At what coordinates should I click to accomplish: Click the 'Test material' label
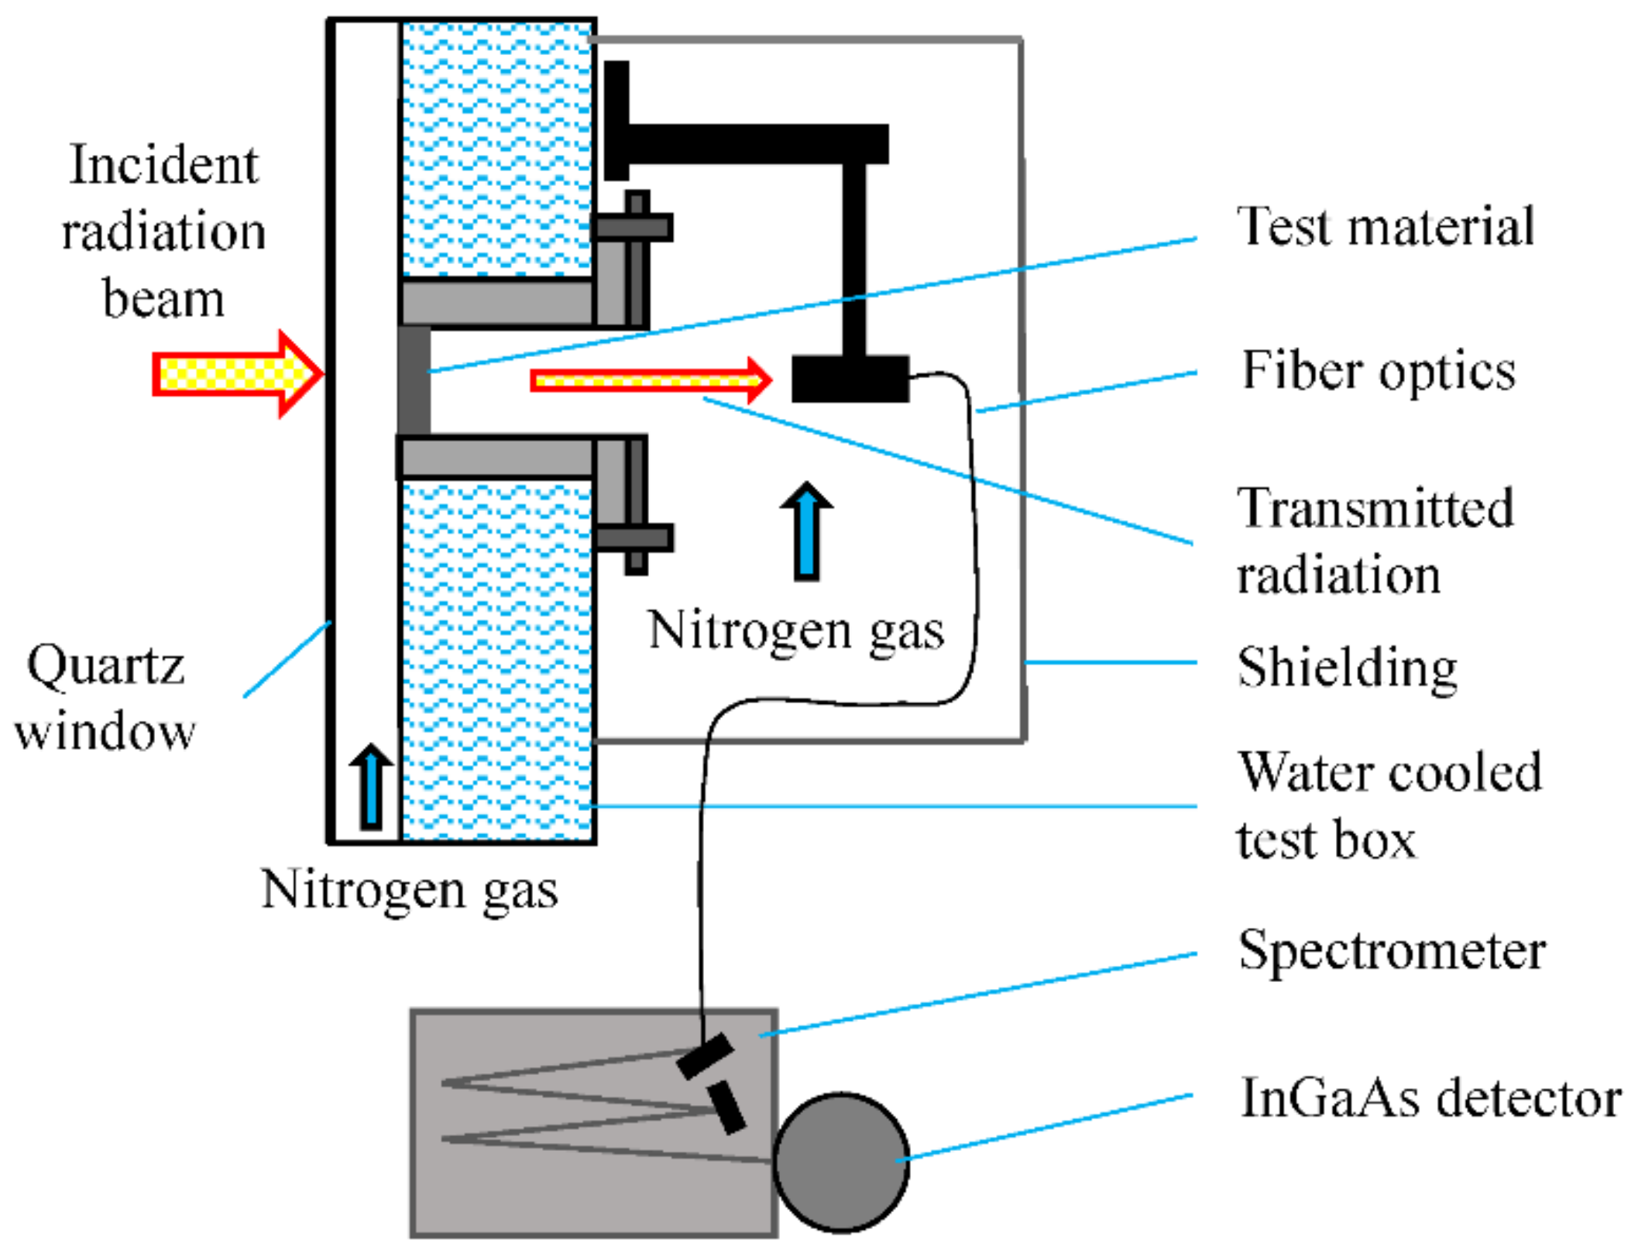click(1385, 226)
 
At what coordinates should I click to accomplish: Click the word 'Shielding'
click(1347, 668)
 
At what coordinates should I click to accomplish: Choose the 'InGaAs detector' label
click(1430, 1097)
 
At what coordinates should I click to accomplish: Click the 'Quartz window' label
click(105, 697)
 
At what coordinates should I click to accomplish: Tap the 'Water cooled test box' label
click(1389, 805)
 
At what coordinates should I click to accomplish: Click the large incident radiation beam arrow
click(237, 375)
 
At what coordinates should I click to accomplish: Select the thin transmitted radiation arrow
click(651, 380)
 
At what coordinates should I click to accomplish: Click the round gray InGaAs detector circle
click(841, 1162)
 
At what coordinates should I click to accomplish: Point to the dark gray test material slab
click(414, 379)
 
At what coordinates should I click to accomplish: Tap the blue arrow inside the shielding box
click(806, 531)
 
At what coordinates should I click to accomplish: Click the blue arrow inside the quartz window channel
click(371, 787)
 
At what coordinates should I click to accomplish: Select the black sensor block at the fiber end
click(850, 379)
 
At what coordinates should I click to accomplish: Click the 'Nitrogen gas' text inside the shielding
click(796, 632)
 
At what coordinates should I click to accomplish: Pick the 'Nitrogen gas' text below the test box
click(409, 891)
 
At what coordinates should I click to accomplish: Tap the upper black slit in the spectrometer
click(705, 1056)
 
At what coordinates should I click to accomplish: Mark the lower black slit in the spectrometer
click(726, 1107)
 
